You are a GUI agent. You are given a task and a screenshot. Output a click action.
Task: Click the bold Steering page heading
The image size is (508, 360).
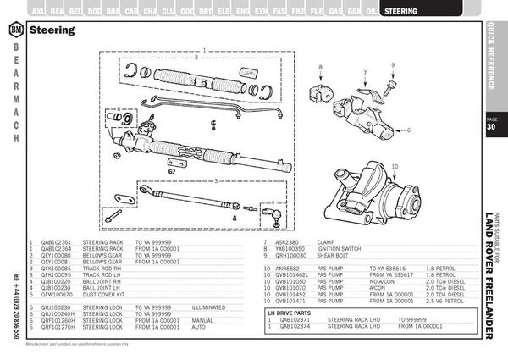(52, 30)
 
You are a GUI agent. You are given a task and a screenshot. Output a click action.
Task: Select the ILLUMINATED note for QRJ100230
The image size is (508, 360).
(208, 283)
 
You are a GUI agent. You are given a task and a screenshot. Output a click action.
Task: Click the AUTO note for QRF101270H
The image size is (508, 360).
(200, 302)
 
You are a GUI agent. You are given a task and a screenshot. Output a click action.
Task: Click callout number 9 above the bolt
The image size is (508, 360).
(393, 65)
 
